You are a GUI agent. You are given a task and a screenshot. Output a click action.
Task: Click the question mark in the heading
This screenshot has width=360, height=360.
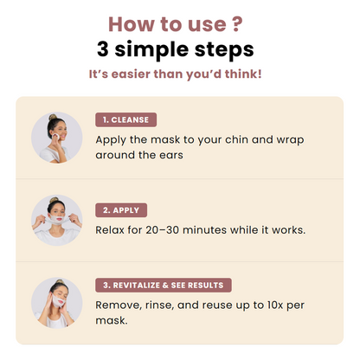click(237, 24)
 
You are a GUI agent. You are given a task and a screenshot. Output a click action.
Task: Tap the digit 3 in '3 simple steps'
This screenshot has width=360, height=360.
click(103, 49)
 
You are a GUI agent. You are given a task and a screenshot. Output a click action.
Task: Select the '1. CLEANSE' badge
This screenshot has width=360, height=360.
click(126, 119)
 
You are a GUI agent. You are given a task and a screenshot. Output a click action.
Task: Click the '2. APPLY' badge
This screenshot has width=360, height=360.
click(121, 210)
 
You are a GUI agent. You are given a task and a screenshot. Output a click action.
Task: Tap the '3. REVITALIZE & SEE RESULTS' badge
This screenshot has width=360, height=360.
click(164, 286)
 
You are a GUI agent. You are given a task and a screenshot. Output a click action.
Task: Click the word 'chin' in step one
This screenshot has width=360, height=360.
click(236, 139)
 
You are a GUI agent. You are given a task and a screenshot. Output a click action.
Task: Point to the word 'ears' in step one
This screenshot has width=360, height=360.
click(171, 155)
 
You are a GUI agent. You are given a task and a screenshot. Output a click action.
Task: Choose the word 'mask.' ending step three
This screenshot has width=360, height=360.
click(112, 320)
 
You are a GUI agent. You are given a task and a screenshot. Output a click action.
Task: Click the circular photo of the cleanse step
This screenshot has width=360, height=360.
click(57, 138)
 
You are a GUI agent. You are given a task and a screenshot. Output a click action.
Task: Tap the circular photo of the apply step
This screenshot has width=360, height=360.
click(57, 221)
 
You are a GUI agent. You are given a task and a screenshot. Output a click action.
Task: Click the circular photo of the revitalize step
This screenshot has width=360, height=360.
click(57, 303)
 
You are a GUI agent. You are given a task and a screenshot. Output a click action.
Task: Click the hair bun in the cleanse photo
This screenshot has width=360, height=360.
click(53, 117)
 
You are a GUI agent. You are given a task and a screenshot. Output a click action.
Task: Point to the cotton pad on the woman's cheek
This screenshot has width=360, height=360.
click(56, 136)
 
